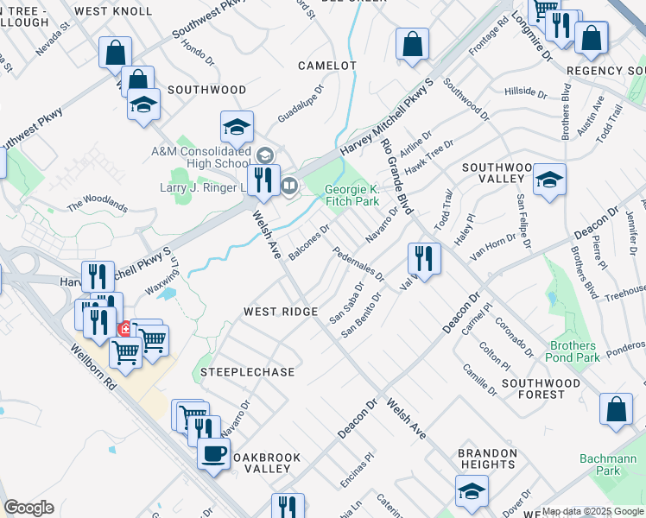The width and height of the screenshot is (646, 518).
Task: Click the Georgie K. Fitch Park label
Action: pos(351,196)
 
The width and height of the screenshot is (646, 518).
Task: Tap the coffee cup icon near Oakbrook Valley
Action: pos(213,452)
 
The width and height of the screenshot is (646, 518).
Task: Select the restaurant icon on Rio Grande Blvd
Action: pos(424,256)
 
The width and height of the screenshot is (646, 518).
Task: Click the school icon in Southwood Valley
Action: pos(549,180)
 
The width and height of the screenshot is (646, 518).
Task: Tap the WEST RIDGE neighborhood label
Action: pos(281,312)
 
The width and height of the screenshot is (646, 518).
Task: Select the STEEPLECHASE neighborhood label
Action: pos(248,372)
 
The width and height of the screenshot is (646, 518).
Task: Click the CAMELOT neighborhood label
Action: pos(327,66)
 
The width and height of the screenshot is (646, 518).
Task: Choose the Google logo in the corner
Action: pos(28,508)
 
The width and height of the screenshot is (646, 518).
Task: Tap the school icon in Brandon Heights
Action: pos(472,491)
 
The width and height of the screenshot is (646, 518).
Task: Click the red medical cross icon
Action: pos(124,329)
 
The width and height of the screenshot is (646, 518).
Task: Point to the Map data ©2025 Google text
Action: pos(592,511)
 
